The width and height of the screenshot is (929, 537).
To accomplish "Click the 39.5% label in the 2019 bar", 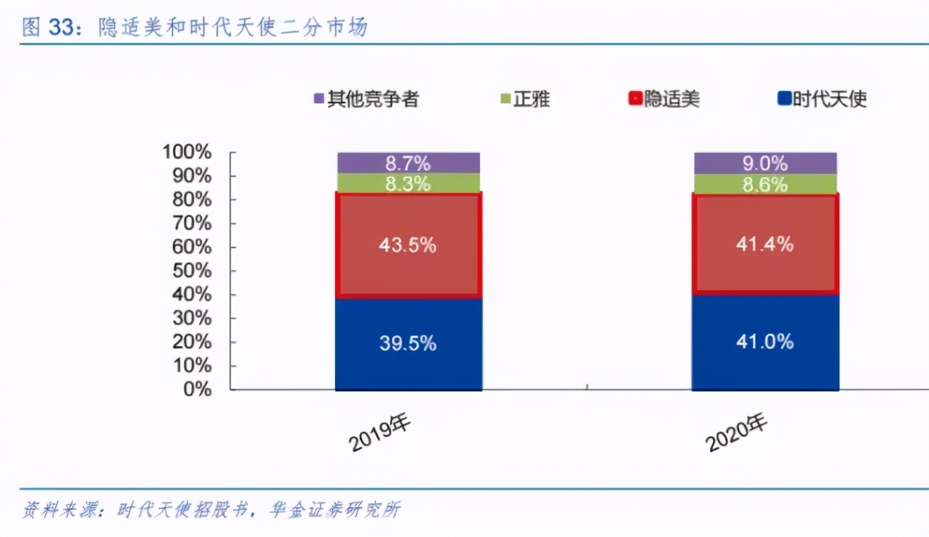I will click(x=408, y=343).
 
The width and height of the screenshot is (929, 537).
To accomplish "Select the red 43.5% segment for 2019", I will click(x=408, y=245).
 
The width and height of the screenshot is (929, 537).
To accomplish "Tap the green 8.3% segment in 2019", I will click(x=408, y=183).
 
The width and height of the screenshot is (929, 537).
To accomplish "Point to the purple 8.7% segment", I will click(x=408, y=163).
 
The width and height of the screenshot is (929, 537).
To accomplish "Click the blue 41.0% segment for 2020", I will click(x=765, y=342).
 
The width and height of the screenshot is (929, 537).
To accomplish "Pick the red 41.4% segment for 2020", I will click(x=765, y=243).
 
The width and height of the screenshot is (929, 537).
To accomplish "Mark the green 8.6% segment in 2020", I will click(x=765, y=184).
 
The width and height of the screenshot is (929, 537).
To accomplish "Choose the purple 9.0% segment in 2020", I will click(x=765, y=163).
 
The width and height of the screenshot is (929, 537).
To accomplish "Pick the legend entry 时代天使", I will click(x=822, y=99).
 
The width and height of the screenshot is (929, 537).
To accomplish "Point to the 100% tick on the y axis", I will click(x=187, y=152).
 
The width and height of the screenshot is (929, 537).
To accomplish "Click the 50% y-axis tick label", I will click(x=191, y=271).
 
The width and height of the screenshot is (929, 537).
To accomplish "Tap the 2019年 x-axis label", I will click(x=380, y=432).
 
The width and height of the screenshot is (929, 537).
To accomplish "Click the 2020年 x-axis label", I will click(x=737, y=432).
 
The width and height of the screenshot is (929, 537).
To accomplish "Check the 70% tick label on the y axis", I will click(x=191, y=223).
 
